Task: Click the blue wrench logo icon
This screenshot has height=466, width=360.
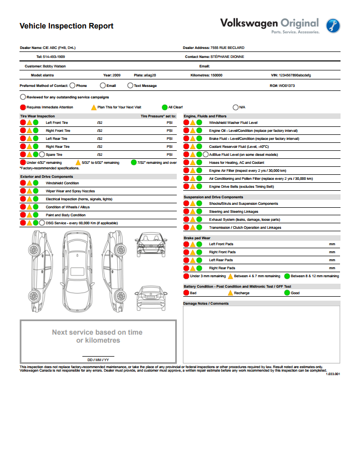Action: pyautogui.click(x=334, y=25)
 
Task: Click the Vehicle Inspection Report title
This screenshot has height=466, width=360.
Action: pyautogui.click(x=66, y=26)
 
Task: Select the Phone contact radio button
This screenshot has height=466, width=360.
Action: pyautogui.click(x=72, y=85)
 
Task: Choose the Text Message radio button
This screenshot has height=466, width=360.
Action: pyautogui.click(x=130, y=85)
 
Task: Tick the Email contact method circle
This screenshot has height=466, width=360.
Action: pyautogui.click(x=103, y=85)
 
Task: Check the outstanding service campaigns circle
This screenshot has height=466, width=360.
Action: pyautogui.click(x=23, y=97)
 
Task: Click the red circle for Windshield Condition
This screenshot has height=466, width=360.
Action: pyautogui.click(x=23, y=183)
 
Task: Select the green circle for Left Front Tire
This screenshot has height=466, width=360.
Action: pyautogui.click(x=35, y=122)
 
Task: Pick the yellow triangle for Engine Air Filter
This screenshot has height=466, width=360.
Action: pyautogui.click(x=193, y=171)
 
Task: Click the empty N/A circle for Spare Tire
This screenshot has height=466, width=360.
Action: pyautogui.click(x=42, y=155)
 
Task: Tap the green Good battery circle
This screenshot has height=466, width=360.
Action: pyautogui.click(x=287, y=293)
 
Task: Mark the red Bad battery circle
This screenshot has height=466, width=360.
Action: pyautogui.click(x=186, y=293)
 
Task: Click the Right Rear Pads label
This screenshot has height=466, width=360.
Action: pyautogui.click(x=222, y=268)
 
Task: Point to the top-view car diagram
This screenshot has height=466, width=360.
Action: pyautogui.click(x=78, y=270)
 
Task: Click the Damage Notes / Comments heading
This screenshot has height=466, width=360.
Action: pyautogui.click(x=206, y=303)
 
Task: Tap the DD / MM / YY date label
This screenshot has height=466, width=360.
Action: pyautogui.click(x=98, y=360)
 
